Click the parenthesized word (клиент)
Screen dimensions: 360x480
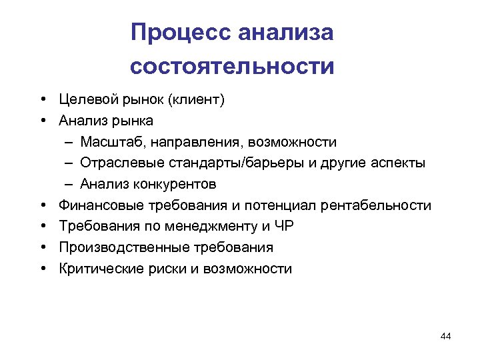197,100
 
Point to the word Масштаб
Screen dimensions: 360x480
113,142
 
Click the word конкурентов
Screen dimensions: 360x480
177,185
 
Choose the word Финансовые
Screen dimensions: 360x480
97,206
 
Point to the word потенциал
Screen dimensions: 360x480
283,206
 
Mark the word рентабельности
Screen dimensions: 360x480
376,206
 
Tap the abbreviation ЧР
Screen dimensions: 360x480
284,227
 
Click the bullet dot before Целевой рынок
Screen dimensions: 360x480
42,100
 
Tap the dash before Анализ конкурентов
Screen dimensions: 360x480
70,185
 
